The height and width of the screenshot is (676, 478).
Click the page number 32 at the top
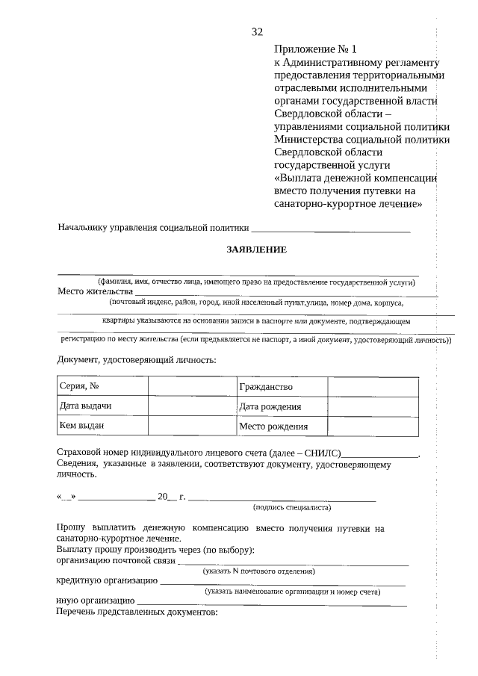(x=257, y=31)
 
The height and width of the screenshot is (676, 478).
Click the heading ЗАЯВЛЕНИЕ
(x=257, y=249)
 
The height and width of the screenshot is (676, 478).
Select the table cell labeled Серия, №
(x=102, y=386)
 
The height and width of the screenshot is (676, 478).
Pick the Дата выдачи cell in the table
(x=102, y=406)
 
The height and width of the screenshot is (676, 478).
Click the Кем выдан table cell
(x=102, y=426)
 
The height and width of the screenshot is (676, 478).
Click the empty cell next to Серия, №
(x=191, y=386)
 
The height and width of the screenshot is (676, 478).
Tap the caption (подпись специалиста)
(x=292, y=507)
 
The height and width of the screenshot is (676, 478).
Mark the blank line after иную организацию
(x=272, y=601)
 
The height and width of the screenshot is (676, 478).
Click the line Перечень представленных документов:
(x=137, y=613)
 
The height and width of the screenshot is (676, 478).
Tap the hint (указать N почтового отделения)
(x=259, y=571)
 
